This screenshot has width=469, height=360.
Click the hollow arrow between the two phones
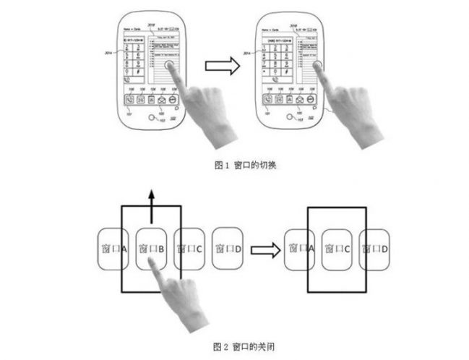tap(220, 67)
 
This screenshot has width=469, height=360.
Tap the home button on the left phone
tap(152, 120)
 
